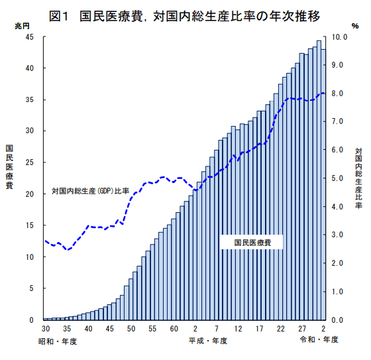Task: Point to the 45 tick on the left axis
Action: tap(30, 36)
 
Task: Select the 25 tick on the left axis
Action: tap(30, 162)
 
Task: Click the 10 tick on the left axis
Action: tap(30, 257)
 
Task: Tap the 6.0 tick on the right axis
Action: tap(338, 150)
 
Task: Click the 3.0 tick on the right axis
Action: tap(338, 235)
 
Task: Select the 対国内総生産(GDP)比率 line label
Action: tap(90, 192)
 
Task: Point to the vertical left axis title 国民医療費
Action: tap(9, 167)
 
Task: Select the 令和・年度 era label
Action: tap(320, 341)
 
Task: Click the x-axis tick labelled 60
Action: tap(174, 330)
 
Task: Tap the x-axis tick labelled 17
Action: tap(260, 330)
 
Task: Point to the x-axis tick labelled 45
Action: tap(109, 330)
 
